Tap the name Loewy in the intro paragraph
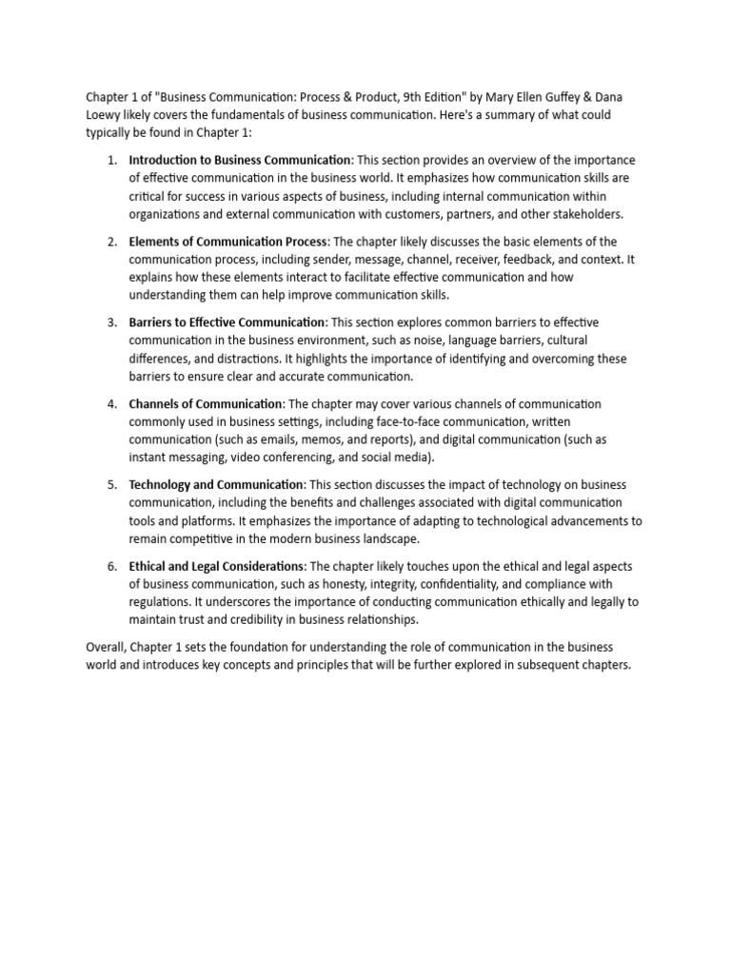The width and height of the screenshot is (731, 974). click(106, 115)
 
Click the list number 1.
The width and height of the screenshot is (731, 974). click(112, 160)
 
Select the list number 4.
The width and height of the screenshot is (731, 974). click(112, 404)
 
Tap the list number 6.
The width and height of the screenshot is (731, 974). click(112, 567)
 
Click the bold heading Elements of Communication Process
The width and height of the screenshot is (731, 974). click(227, 242)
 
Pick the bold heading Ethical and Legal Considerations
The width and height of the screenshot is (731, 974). click(217, 567)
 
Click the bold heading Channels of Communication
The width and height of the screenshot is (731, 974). click(206, 404)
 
